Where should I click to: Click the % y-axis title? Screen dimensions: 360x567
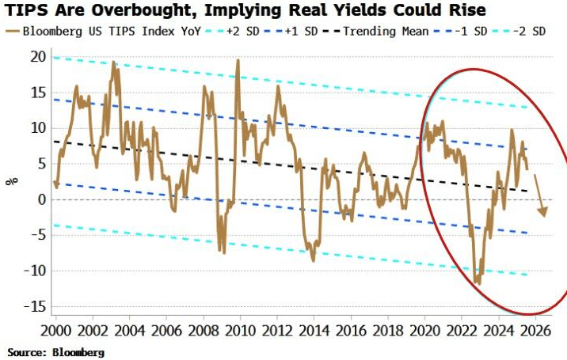[x=11, y=181]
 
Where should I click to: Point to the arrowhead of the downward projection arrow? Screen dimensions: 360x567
[x=542, y=211]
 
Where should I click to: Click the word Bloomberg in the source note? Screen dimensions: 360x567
[x=79, y=352]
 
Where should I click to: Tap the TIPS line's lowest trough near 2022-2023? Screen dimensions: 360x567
[x=477, y=282]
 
